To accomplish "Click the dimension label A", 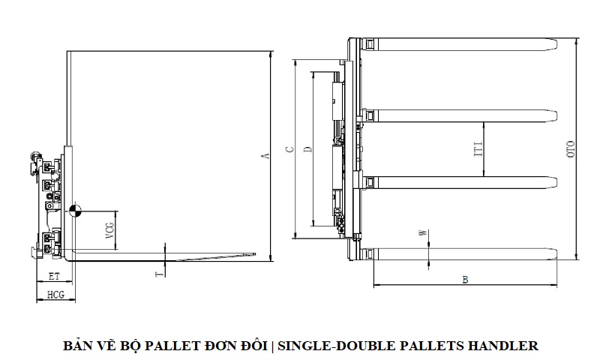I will [264, 156].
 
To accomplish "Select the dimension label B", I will [465, 280].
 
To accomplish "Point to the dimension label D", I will [307, 148].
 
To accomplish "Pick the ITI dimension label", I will [477, 148].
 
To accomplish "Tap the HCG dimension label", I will [55, 295].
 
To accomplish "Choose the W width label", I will [423, 234].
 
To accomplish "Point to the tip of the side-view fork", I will [265, 255].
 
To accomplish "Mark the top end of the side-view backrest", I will [68, 52].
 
